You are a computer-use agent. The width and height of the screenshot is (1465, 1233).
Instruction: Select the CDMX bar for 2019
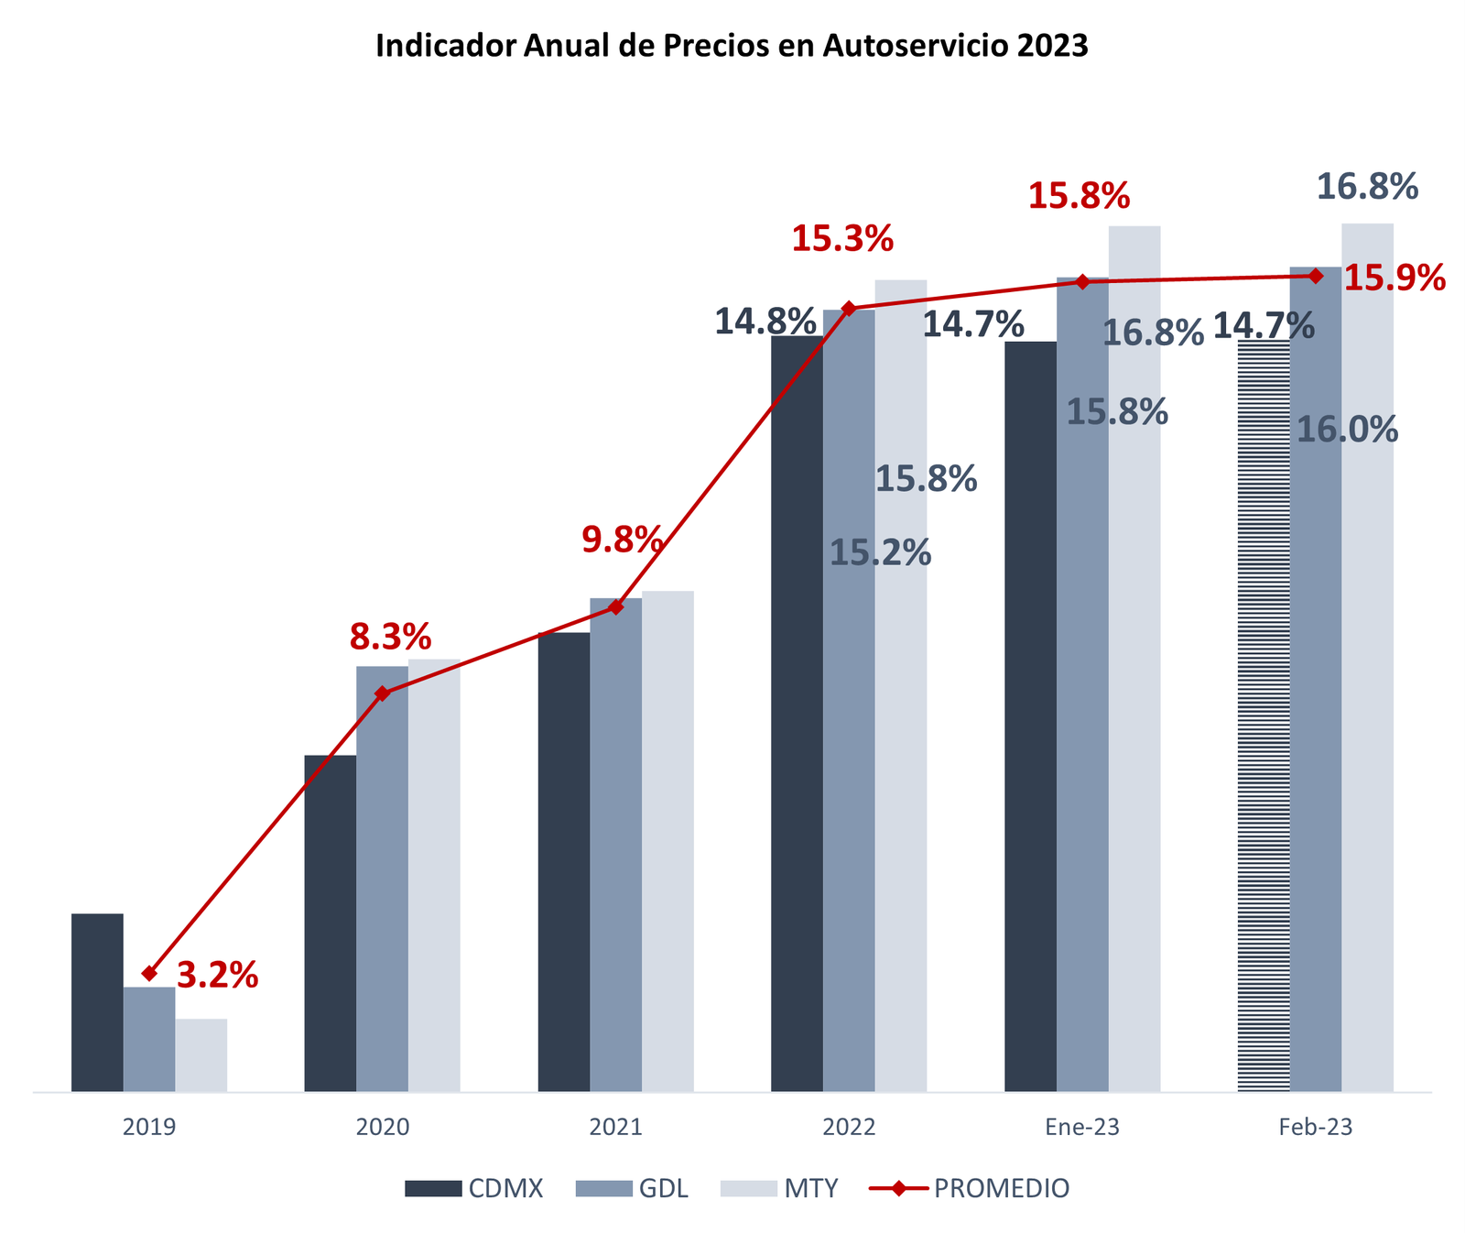click(x=97, y=1002)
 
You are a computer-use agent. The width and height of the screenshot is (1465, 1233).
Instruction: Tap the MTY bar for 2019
click(x=201, y=1054)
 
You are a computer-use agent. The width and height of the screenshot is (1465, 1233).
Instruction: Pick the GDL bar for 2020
click(x=382, y=879)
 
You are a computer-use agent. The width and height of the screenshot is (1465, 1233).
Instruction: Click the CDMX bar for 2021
click(x=564, y=861)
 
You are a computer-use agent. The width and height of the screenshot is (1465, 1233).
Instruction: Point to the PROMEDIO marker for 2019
click(x=149, y=973)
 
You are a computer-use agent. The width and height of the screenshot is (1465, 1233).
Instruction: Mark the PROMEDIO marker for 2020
click(x=383, y=693)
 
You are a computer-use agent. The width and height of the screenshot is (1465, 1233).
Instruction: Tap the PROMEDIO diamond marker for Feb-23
click(x=1316, y=276)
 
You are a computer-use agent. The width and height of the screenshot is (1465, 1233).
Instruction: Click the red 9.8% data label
click(x=623, y=540)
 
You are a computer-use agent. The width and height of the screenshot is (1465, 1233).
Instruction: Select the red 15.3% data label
click(x=842, y=239)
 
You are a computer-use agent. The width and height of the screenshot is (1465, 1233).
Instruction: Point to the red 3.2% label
click(x=217, y=977)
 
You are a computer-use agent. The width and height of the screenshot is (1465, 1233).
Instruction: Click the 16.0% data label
click(x=1348, y=430)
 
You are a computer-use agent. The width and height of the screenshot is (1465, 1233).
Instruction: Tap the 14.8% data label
click(x=765, y=322)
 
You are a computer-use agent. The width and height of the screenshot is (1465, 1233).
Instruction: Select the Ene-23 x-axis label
click(x=1082, y=1128)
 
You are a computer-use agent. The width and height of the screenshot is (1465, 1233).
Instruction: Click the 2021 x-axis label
click(x=615, y=1128)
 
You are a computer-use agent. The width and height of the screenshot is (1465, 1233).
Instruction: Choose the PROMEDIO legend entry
click(x=969, y=1189)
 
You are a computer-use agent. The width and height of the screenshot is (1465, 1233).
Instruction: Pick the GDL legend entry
click(x=632, y=1189)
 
